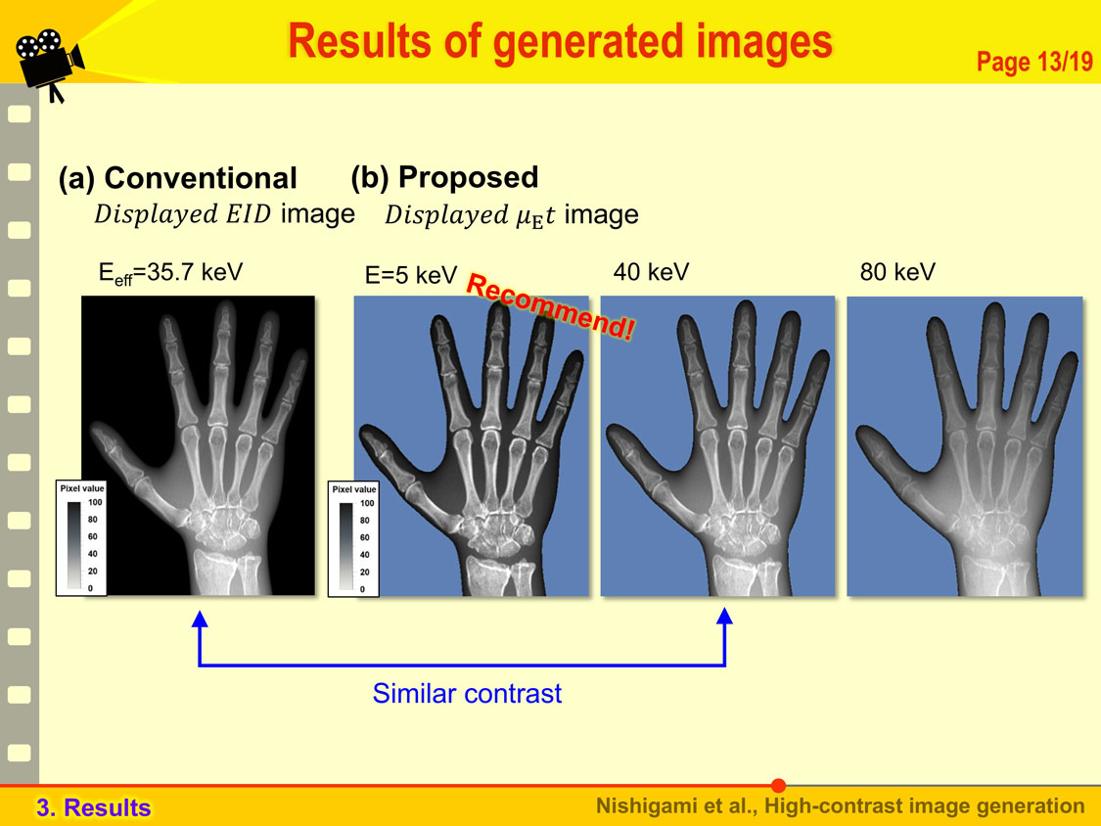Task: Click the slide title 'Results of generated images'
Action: point(561,42)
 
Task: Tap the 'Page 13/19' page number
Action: point(1034,62)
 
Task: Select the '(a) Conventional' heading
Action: point(178,178)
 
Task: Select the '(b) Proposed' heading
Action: point(444,177)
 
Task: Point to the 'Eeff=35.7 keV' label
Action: point(170,272)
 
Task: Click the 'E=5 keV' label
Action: point(411,275)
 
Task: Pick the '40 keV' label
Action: point(651,272)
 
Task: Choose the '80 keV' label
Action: point(897,272)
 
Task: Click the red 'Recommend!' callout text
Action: point(550,306)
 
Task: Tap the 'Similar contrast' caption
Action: point(467,693)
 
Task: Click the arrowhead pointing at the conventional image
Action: point(200,619)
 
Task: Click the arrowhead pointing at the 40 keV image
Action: point(724,616)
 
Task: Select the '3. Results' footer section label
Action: point(93,807)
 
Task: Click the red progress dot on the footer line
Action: point(778,785)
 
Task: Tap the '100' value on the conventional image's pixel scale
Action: point(95,502)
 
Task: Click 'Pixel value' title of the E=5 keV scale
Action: point(354,489)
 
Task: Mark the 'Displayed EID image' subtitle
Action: point(225,213)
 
